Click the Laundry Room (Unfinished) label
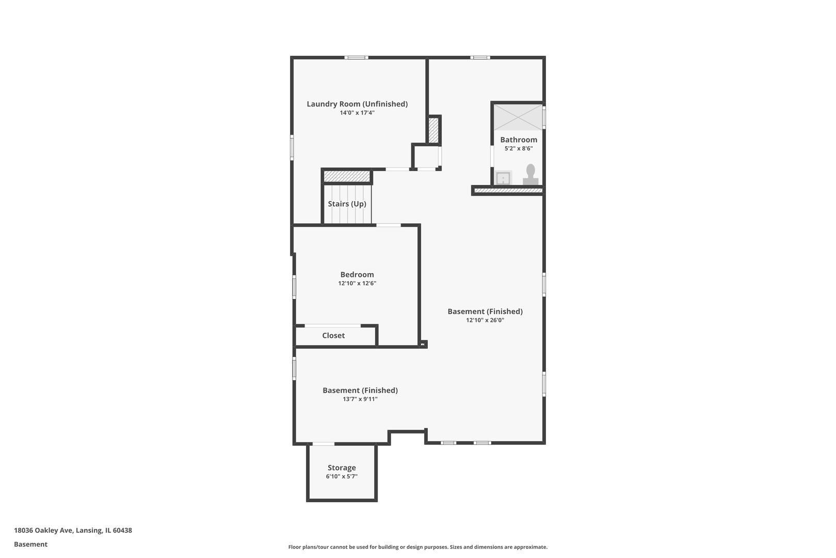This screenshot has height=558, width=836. tap(357, 104)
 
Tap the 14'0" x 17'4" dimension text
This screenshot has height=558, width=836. tap(357, 113)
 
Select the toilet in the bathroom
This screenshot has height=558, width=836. tap(530, 174)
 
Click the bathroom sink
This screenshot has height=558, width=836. tap(503, 178)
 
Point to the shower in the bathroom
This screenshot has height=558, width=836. tap(518, 117)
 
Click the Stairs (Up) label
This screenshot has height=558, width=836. tap(347, 204)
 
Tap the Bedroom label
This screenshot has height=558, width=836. tap(357, 275)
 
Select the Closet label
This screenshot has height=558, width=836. tap(333, 336)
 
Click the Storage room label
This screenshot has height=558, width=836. tap(342, 468)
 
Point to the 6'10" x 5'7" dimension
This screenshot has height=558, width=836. tap(342, 477)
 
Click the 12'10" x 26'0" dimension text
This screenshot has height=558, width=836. tap(485, 320)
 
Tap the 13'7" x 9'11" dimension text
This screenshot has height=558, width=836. tap(360, 399)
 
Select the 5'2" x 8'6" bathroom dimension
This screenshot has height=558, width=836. tap(519, 149)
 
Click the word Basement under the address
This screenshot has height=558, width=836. tap(30, 545)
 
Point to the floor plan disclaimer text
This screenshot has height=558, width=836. tap(417, 547)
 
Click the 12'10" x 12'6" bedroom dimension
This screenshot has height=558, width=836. tap(357, 284)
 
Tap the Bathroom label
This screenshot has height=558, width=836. tap(519, 140)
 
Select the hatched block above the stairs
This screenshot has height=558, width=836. tap(347, 176)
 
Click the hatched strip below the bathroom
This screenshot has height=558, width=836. tap(508, 191)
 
